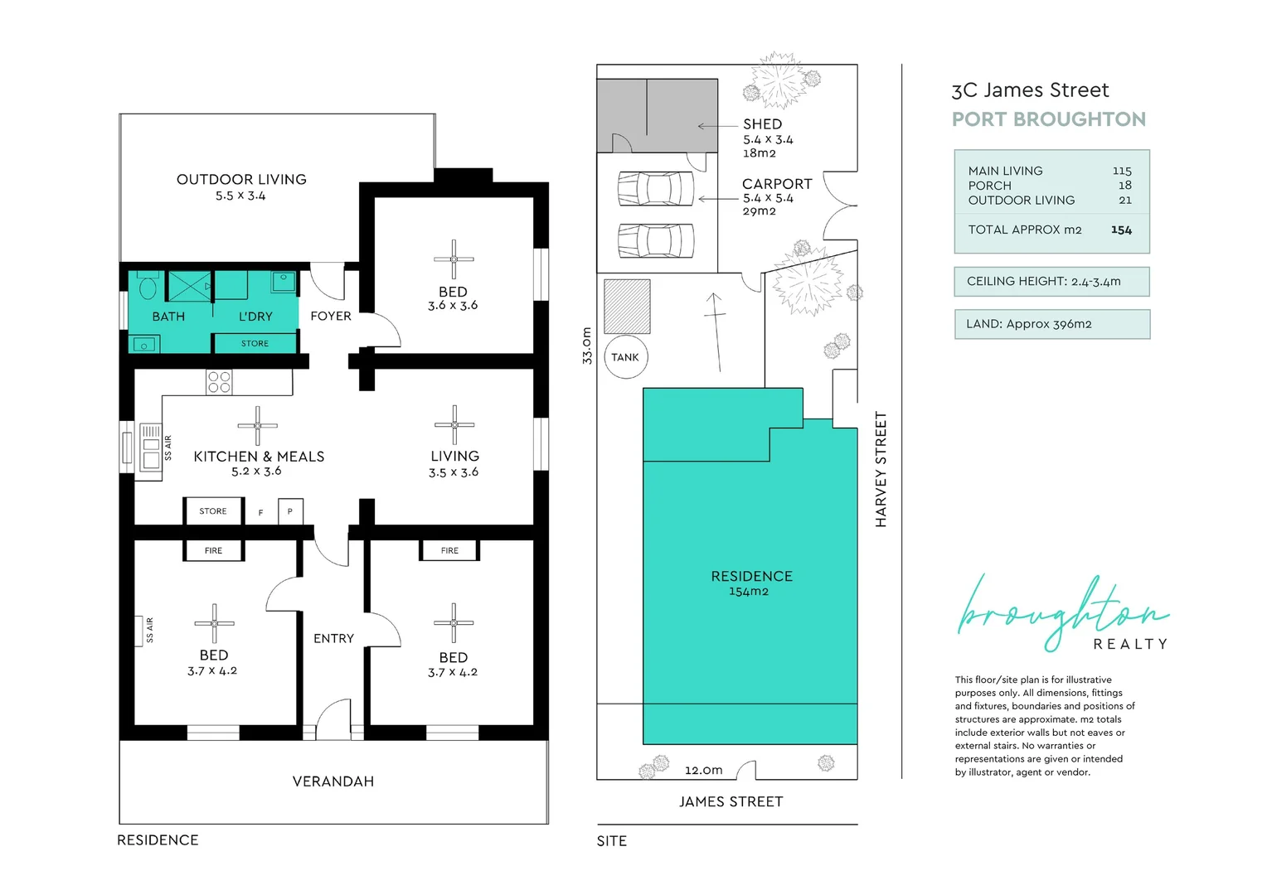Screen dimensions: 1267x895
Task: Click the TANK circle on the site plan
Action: point(625,356)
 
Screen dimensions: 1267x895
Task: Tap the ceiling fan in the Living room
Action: point(454,424)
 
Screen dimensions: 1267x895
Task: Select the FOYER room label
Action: point(331,316)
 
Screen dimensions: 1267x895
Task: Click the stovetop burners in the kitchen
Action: point(219,382)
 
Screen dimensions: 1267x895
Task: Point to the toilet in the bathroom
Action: point(148,284)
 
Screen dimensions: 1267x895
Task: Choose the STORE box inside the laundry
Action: point(255,343)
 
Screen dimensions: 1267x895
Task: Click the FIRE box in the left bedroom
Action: point(213,550)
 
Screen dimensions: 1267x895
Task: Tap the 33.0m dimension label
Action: point(587,346)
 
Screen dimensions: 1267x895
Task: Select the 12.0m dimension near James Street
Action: point(704,770)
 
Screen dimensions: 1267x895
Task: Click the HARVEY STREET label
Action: point(881,469)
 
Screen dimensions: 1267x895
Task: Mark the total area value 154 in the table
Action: point(1121,230)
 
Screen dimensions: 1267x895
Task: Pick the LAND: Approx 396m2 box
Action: point(1052,324)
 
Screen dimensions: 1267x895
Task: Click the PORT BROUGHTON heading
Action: point(1049,119)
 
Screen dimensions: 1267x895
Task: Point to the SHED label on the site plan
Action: point(763,123)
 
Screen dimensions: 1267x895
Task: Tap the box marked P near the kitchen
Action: point(290,511)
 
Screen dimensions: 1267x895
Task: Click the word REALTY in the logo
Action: point(1130,644)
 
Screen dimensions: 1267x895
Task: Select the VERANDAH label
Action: point(333,781)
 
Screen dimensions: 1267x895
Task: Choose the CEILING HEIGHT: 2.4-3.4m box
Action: point(1052,282)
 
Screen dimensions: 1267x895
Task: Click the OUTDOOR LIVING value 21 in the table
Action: point(1125,201)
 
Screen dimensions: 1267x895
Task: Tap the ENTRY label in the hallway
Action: point(333,638)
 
